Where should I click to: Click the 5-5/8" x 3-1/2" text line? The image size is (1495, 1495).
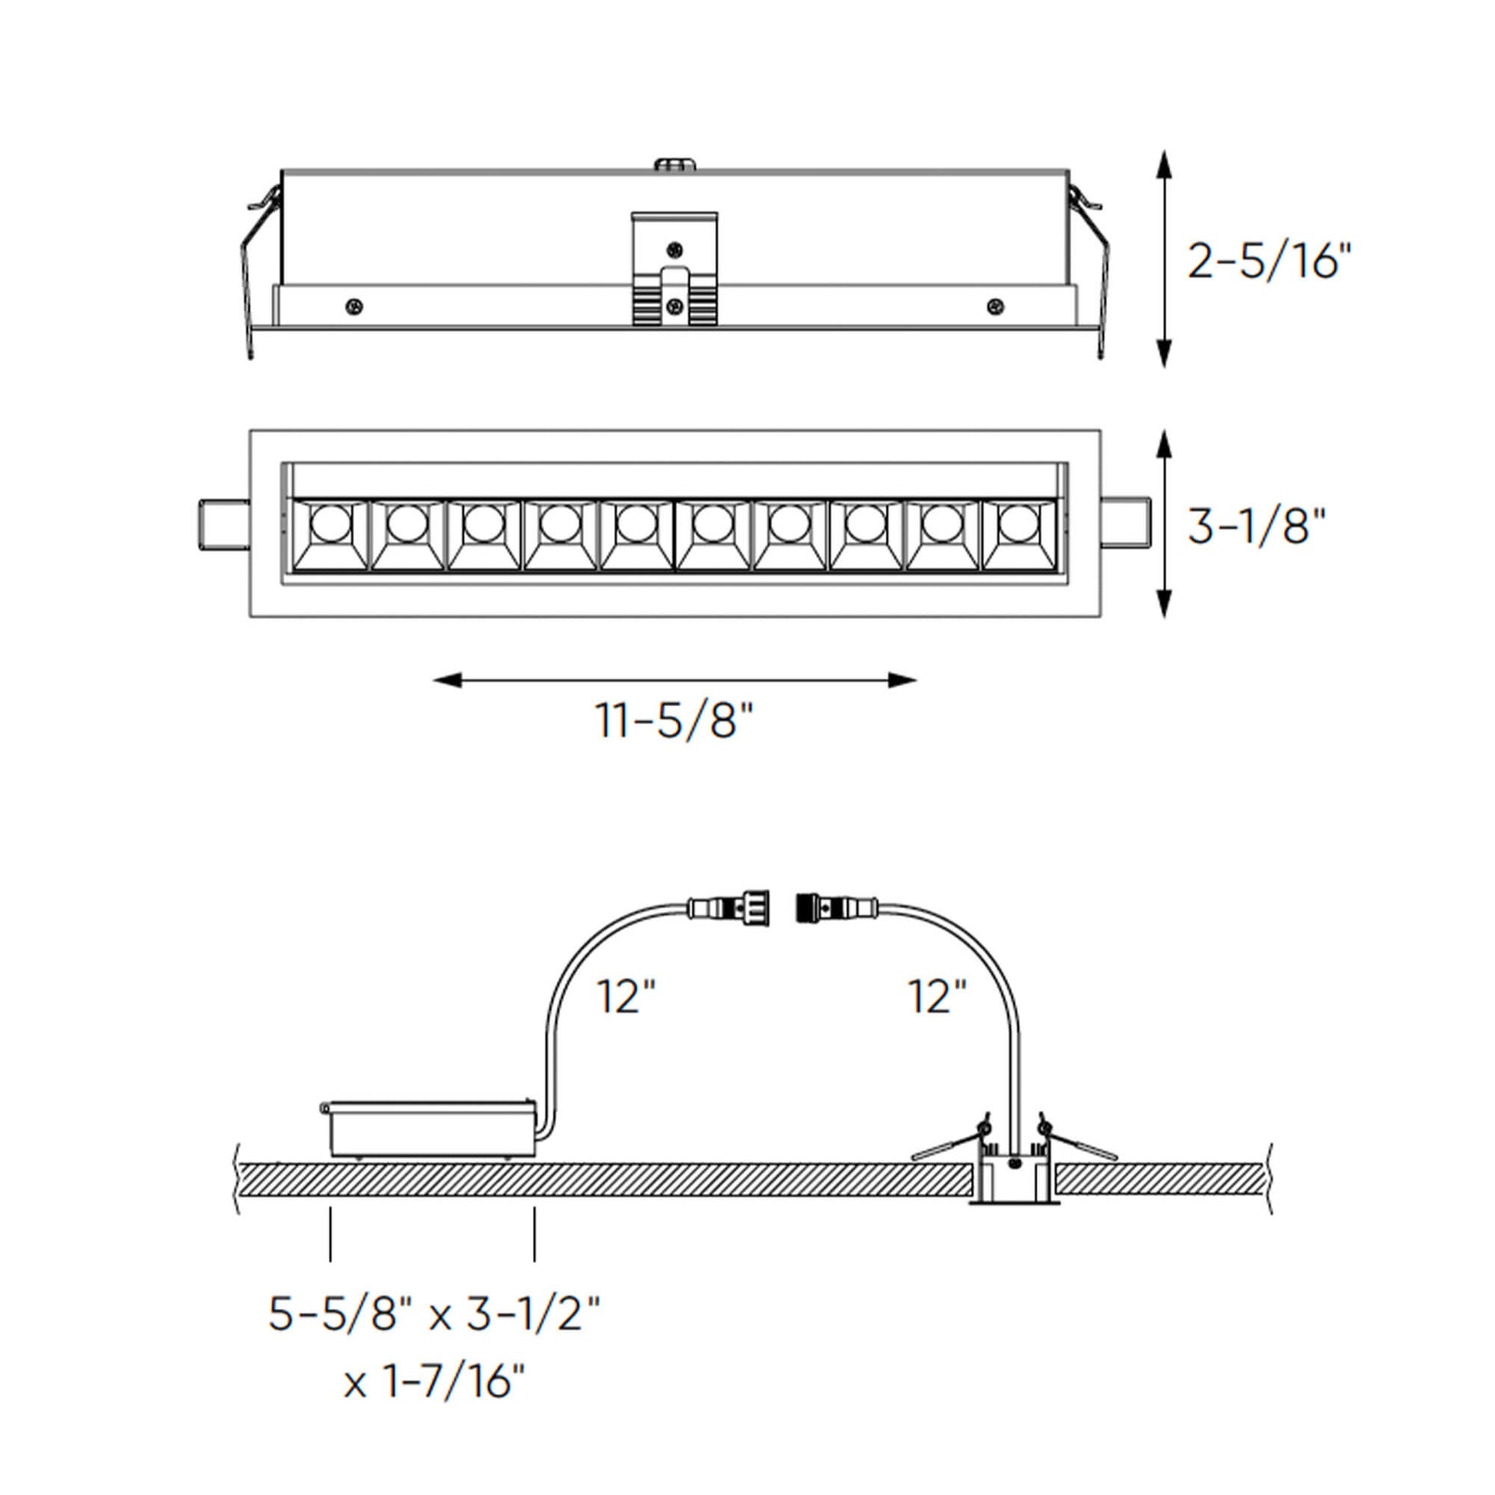434,1313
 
